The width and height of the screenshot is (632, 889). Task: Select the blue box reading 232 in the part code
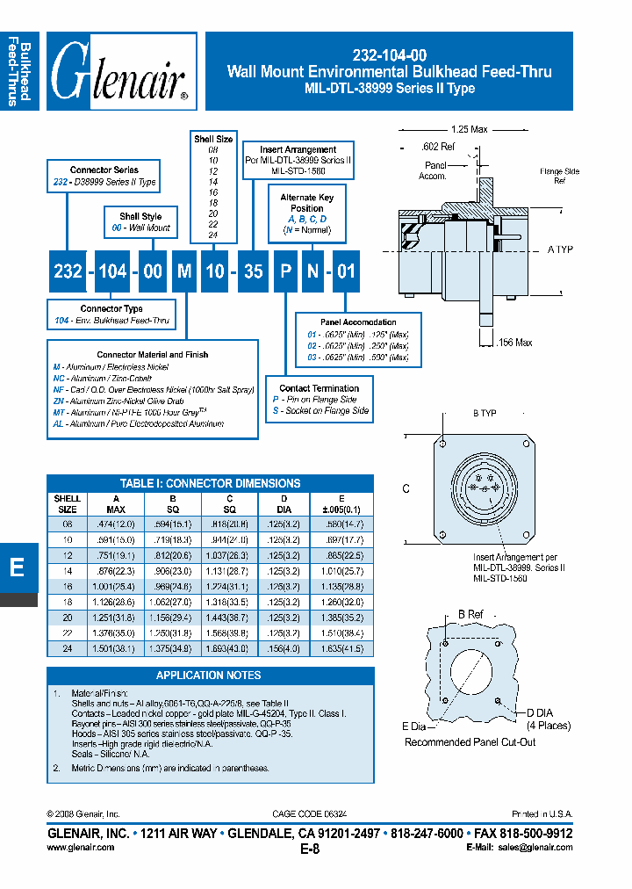pyautogui.click(x=68, y=271)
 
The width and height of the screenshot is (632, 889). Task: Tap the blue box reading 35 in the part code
pyautogui.click(x=253, y=271)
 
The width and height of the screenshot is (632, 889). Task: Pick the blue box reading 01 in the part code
pyautogui.click(x=346, y=271)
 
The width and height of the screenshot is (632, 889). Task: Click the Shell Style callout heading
pyautogui.click(x=140, y=216)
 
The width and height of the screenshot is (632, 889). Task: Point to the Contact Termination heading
pyautogui.click(x=319, y=388)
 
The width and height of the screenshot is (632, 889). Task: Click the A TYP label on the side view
pyautogui.click(x=560, y=249)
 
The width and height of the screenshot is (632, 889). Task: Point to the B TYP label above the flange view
pyautogui.click(x=486, y=412)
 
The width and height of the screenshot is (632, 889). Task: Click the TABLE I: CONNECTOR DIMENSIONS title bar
pyautogui.click(x=210, y=483)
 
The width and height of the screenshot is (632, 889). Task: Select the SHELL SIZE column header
pyautogui.click(x=68, y=503)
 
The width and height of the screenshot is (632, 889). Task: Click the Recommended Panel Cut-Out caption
pyautogui.click(x=470, y=742)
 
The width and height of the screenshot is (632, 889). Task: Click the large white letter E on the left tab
pyautogui.click(x=17, y=567)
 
